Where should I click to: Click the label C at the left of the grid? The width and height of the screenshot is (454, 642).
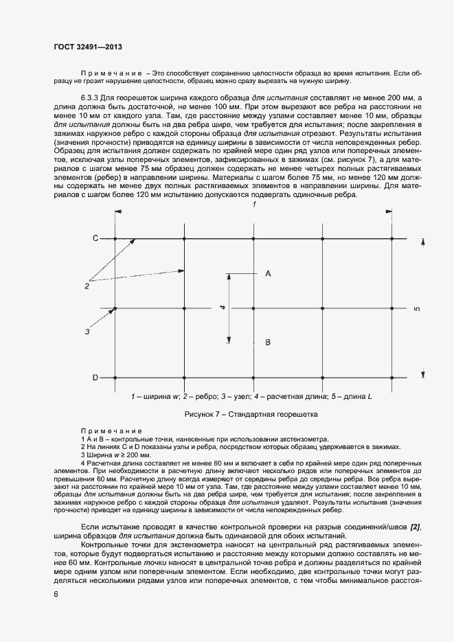pyautogui.click(x=96, y=239)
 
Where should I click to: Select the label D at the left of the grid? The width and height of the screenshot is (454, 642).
pyautogui.click(x=96, y=378)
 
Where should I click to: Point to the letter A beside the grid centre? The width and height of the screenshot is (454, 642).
pyautogui.click(x=268, y=273)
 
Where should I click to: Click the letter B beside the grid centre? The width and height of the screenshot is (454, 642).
pyautogui.click(x=268, y=341)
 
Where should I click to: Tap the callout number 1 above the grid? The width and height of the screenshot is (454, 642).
pyautogui.click(x=253, y=205)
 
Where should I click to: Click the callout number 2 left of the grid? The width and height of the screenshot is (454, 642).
pyautogui.click(x=87, y=285)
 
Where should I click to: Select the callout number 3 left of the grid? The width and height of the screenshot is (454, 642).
pyautogui.click(x=87, y=332)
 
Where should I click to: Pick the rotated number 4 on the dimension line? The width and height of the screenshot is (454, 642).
pyautogui.click(x=223, y=308)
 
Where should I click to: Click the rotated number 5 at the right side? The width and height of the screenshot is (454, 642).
pyautogui.click(x=417, y=308)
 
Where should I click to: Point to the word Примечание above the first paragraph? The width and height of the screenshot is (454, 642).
pyautogui.click(x=111, y=72)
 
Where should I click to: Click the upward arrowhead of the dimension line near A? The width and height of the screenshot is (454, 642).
pyautogui.click(x=229, y=277)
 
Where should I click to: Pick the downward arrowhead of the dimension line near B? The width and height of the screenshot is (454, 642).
pyautogui.click(x=229, y=339)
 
